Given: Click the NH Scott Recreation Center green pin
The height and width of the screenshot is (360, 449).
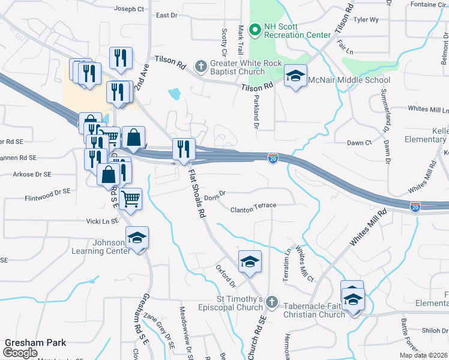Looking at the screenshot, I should coord(255,29).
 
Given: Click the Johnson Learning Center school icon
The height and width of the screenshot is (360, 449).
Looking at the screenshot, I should coord(137,238).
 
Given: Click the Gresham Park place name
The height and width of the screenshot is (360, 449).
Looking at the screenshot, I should coord(35,343).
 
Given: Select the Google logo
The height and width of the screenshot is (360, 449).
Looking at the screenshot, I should coord(20,352).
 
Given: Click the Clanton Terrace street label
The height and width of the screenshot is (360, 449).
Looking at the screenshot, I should coord(253,205).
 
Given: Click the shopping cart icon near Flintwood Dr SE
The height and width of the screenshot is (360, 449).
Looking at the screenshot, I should coord(130,199).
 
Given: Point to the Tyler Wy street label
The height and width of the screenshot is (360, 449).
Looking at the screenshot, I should coord(366,20).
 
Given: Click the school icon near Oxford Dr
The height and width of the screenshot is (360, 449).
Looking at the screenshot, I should coord(250,262).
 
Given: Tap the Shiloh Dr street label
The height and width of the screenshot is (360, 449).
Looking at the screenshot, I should coord(435,330).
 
